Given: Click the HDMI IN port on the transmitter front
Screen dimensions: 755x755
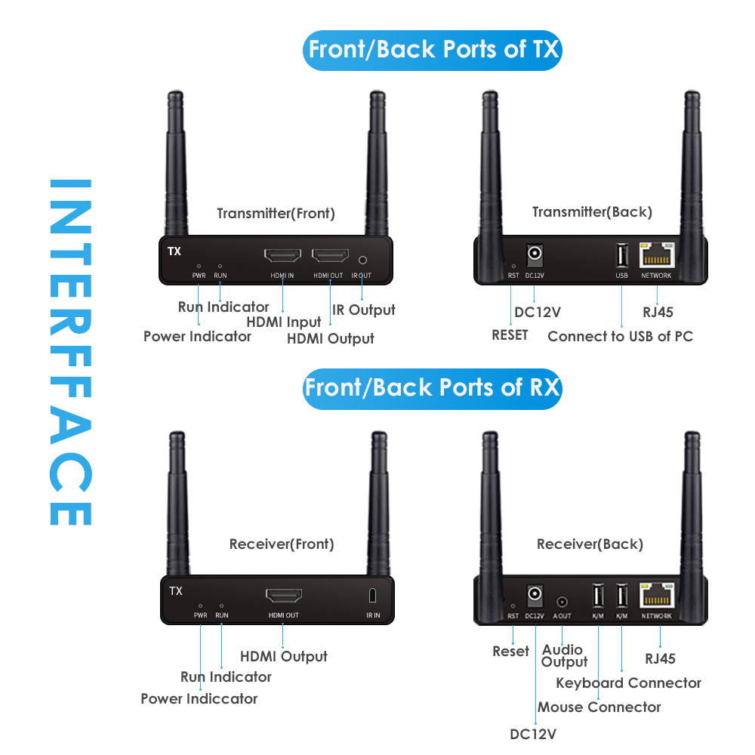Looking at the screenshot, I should pos(282,257).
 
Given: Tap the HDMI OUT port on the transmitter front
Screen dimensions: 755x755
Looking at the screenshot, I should pos(330,257).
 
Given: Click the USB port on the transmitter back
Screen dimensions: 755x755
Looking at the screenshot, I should pos(621,256).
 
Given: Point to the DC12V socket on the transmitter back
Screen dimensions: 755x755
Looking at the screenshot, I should pos(535,254).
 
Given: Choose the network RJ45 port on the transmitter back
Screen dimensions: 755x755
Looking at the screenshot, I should pos(656,255).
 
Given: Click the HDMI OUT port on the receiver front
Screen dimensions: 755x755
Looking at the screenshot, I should pos(283,596).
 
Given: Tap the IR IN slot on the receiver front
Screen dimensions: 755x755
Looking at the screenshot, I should pos(372,596).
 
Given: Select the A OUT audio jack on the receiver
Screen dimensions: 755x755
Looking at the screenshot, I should pos(562,602).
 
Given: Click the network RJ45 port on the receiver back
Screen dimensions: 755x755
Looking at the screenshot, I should pos(656,596).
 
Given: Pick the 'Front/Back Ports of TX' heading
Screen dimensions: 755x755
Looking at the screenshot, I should pos(433,50).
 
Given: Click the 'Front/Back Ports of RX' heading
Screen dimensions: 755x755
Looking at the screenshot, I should pos(432,388).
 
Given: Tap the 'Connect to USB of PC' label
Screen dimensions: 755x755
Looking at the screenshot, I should pos(620,336).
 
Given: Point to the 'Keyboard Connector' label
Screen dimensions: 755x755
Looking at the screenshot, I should pos(628,683).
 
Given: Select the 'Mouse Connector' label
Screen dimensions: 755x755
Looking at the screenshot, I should pos(599,707).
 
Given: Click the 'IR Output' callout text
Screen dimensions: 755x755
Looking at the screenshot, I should pos(363,310).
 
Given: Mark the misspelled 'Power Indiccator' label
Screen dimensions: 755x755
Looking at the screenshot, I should pos(199,698).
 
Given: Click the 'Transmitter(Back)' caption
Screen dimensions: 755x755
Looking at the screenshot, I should pos(592,212).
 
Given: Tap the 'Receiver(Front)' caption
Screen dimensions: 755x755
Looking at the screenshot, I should pos(281,544).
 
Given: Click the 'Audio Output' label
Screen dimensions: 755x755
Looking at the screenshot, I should pos(564,655).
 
